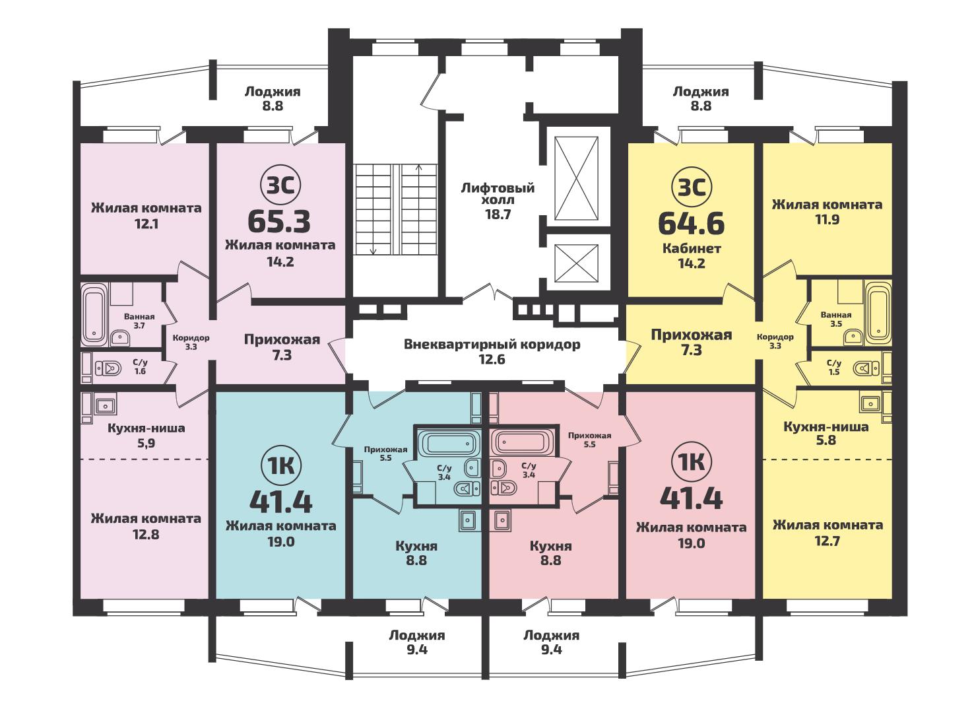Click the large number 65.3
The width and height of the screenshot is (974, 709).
(279, 221)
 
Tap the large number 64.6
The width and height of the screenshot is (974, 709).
(692, 224)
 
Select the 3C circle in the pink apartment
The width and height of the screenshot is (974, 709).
(280, 185)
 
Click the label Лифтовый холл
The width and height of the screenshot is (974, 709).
(498, 194)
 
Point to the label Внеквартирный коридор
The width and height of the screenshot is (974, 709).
(492, 345)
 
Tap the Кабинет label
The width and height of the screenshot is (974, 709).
(692, 248)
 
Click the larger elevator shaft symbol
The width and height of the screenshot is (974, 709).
(577, 179)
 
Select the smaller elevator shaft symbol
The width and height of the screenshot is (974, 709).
(577, 263)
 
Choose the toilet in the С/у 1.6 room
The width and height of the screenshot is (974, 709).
(108, 369)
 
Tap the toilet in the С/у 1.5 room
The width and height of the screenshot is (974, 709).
(866, 369)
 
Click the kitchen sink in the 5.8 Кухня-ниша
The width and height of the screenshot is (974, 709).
(870, 404)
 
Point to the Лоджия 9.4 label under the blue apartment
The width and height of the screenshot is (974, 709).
(417, 642)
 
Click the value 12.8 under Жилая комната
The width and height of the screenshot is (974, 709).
(146, 535)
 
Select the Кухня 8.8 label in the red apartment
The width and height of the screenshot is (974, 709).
(550, 553)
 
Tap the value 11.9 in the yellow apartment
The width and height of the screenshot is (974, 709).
(827, 220)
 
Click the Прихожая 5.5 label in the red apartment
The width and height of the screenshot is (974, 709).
(590, 440)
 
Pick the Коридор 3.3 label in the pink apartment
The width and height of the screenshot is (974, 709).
(191, 342)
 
